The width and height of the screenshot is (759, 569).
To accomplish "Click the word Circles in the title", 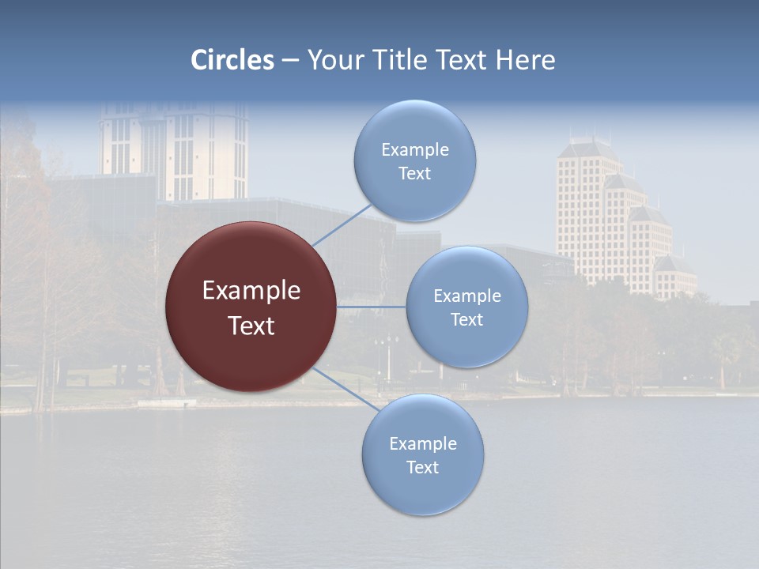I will (232, 60).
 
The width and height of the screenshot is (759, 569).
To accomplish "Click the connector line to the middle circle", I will (372, 307).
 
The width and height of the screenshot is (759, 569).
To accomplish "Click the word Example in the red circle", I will (251, 291).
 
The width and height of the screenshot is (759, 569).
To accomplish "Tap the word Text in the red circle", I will (251, 326).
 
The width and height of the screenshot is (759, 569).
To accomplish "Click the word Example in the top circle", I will (414, 150).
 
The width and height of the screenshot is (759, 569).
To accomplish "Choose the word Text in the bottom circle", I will (422, 468).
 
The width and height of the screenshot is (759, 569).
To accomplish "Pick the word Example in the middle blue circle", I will (466, 296).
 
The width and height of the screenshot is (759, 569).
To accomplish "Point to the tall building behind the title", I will (174, 150).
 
